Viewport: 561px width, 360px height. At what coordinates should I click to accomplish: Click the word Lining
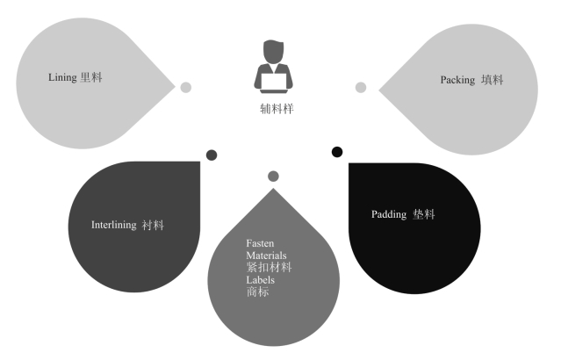62,78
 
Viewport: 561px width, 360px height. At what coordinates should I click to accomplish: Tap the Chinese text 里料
91,78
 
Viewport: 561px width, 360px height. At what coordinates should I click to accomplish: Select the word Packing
457,80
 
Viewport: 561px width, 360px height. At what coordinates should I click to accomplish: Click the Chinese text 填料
493,80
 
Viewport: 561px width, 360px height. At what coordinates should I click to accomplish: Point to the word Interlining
113,225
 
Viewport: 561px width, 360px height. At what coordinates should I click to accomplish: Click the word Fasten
260,242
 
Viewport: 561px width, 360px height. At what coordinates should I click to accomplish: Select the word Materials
266,255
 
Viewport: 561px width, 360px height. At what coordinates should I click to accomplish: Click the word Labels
260,279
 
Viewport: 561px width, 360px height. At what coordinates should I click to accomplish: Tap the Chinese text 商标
257,292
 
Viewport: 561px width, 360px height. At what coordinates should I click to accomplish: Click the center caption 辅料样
274,110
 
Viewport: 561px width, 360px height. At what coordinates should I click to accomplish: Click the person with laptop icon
274,68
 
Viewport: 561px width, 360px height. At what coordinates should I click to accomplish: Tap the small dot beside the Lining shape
186,87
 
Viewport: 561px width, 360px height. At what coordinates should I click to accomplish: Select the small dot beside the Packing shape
360,87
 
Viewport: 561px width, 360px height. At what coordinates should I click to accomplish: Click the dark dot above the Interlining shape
212,155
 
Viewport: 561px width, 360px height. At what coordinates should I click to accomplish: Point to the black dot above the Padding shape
337,152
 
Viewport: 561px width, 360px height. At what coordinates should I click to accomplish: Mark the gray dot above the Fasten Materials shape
273,176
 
